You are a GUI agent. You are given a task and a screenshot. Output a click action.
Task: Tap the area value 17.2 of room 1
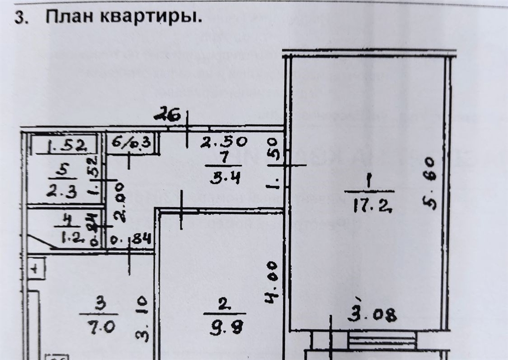point(371,205)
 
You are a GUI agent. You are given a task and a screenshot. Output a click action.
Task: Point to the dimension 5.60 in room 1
point(429,183)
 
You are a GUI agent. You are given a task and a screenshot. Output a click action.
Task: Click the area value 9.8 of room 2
point(222,328)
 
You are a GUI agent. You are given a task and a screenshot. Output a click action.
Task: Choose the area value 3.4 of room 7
point(225,177)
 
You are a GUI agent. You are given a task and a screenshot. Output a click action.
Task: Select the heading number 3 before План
point(20,17)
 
